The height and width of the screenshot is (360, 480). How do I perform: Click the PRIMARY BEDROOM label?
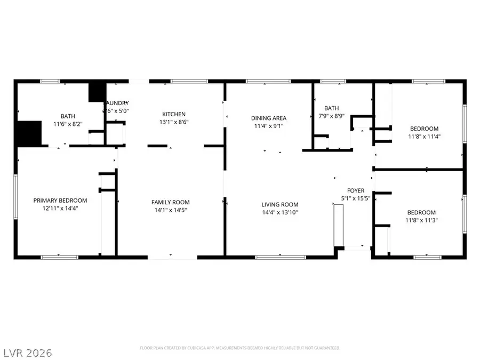(x=60, y=201)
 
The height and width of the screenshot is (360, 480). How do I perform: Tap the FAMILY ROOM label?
(x=170, y=202)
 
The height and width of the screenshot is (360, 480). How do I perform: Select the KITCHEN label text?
(x=174, y=114)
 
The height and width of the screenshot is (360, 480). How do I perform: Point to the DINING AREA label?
(x=269, y=118)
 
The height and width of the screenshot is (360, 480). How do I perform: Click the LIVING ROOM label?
(x=279, y=204)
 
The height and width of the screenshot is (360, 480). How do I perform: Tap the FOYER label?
(x=356, y=190)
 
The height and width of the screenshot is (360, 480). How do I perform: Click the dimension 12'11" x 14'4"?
(x=60, y=209)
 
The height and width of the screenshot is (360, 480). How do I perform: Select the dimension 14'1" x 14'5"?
(x=170, y=210)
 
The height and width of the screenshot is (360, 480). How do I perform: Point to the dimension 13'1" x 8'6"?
(x=174, y=122)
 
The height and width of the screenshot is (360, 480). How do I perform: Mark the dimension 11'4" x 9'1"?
(x=269, y=126)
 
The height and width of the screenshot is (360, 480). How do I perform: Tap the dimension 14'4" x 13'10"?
(x=279, y=212)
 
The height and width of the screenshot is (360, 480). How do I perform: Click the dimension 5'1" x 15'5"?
(x=356, y=198)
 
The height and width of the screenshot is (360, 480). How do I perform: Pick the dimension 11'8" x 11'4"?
(x=424, y=136)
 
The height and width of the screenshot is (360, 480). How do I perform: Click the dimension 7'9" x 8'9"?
(x=331, y=116)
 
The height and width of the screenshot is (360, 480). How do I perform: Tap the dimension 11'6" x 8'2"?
(x=68, y=124)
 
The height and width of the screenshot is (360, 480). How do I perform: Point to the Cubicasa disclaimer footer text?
(x=240, y=347)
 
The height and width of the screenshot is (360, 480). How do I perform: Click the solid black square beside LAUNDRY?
(x=97, y=92)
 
